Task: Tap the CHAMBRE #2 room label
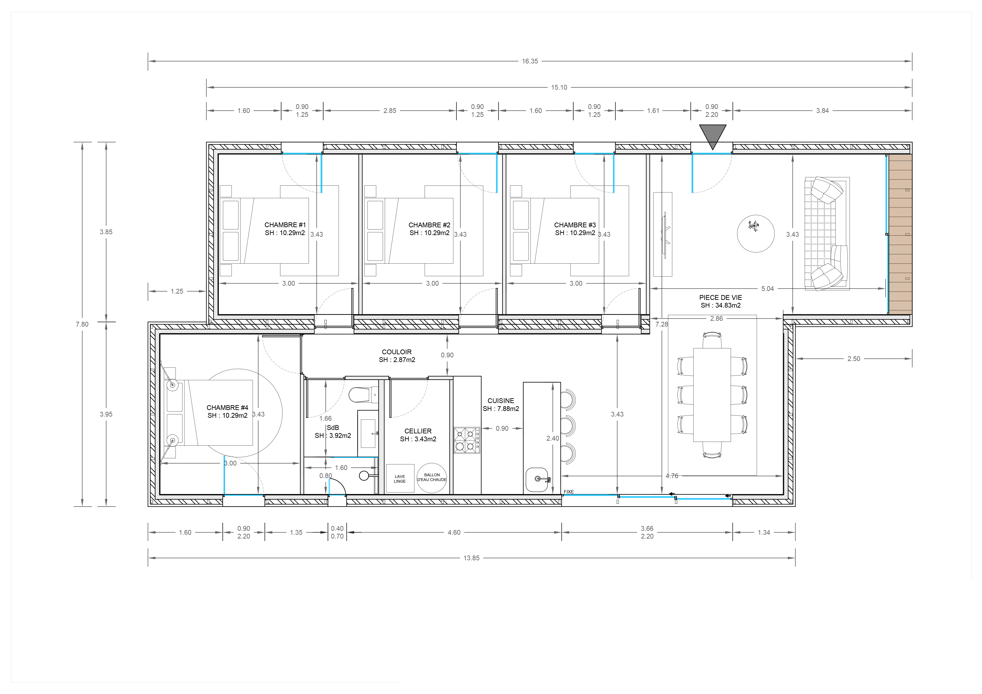(x=429, y=225)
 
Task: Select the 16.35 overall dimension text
(x=530, y=61)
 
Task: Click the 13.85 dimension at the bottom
(x=471, y=558)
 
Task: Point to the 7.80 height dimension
(x=82, y=324)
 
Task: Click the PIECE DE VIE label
(x=721, y=298)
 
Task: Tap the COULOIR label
(x=397, y=352)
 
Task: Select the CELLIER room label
(x=418, y=431)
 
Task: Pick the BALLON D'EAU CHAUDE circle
(x=432, y=478)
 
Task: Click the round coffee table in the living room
(x=756, y=233)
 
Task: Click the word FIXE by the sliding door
(x=569, y=492)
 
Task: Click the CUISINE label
(x=501, y=401)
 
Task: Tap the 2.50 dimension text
(x=854, y=359)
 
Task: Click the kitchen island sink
(x=537, y=480)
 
